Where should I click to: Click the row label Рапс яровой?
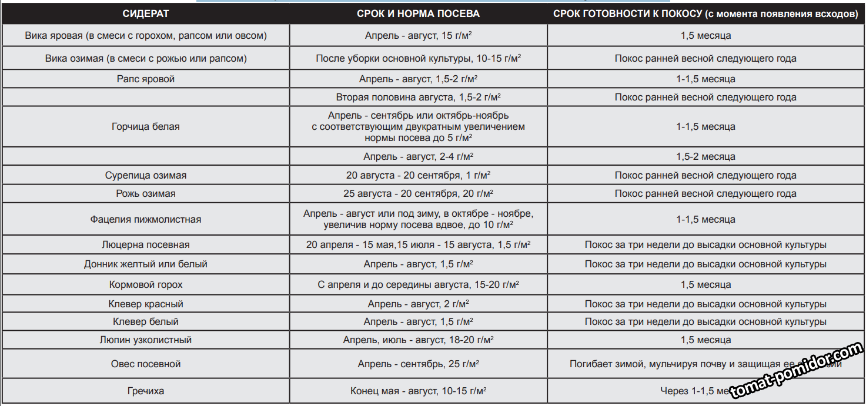point(146,79)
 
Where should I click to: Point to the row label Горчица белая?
point(146,126)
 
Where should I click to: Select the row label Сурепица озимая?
point(146,175)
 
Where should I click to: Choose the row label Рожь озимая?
point(146,193)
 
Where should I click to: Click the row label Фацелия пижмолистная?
point(146,219)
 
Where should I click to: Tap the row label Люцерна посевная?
point(146,244)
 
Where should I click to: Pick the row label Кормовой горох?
point(146,284)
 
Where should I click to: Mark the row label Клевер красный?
point(146,304)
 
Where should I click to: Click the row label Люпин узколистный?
point(146,340)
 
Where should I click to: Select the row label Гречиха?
point(146,391)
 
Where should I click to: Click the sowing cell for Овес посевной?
point(418,364)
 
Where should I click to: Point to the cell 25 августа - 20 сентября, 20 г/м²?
point(418,193)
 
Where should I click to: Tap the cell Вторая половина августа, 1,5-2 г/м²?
point(418,97)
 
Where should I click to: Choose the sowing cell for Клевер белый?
point(418,321)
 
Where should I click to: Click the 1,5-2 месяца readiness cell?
point(705,156)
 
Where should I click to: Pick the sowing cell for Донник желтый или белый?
point(418,264)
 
